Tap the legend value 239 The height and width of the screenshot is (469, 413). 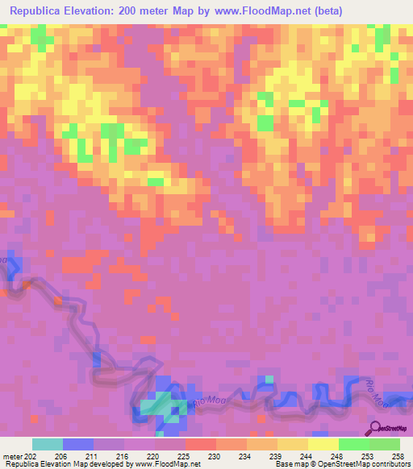278,455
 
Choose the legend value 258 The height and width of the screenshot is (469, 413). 401,455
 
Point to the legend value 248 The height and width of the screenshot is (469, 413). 340,455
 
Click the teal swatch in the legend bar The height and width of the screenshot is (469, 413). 48,444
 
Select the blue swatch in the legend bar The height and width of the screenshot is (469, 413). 78,444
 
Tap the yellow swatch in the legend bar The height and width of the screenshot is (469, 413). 323,444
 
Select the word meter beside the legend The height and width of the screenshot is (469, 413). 11,455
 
